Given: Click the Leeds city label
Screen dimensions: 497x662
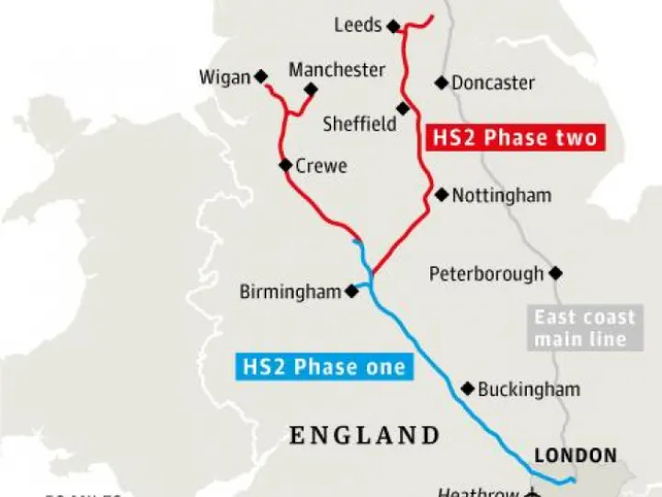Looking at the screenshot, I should click(x=358, y=25).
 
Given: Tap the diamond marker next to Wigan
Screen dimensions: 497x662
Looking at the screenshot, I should click(x=260, y=76).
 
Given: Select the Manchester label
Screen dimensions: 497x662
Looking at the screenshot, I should click(x=337, y=70).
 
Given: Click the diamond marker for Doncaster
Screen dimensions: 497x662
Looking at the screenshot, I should click(x=441, y=83).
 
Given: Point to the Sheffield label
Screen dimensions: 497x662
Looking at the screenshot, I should click(x=360, y=123).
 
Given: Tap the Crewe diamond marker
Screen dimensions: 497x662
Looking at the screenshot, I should click(x=285, y=166).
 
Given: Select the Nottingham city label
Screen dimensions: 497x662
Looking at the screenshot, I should click(x=502, y=195).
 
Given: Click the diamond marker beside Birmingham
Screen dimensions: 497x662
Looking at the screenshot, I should click(x=351, y=291).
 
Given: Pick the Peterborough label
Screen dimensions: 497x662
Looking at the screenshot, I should click(x=486, y=274).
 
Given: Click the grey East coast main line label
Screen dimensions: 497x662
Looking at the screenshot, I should click(x=585, y=329).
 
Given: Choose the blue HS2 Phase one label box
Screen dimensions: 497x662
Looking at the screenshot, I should click(x=324, y=367).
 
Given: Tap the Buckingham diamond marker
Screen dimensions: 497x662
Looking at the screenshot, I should click(x=467, y=388).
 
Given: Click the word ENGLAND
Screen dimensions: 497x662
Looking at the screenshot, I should click(x=365, y=434).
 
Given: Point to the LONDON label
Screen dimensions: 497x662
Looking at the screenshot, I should click(x=576, y=456).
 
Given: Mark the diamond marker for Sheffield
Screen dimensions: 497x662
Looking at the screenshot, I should click(x=403, y=109).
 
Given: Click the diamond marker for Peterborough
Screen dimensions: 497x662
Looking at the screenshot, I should click(x=555, y=273).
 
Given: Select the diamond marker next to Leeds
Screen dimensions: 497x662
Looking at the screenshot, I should click(x=394, y=27).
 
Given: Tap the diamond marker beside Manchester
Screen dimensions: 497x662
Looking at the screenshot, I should click(x=311, y=89).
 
